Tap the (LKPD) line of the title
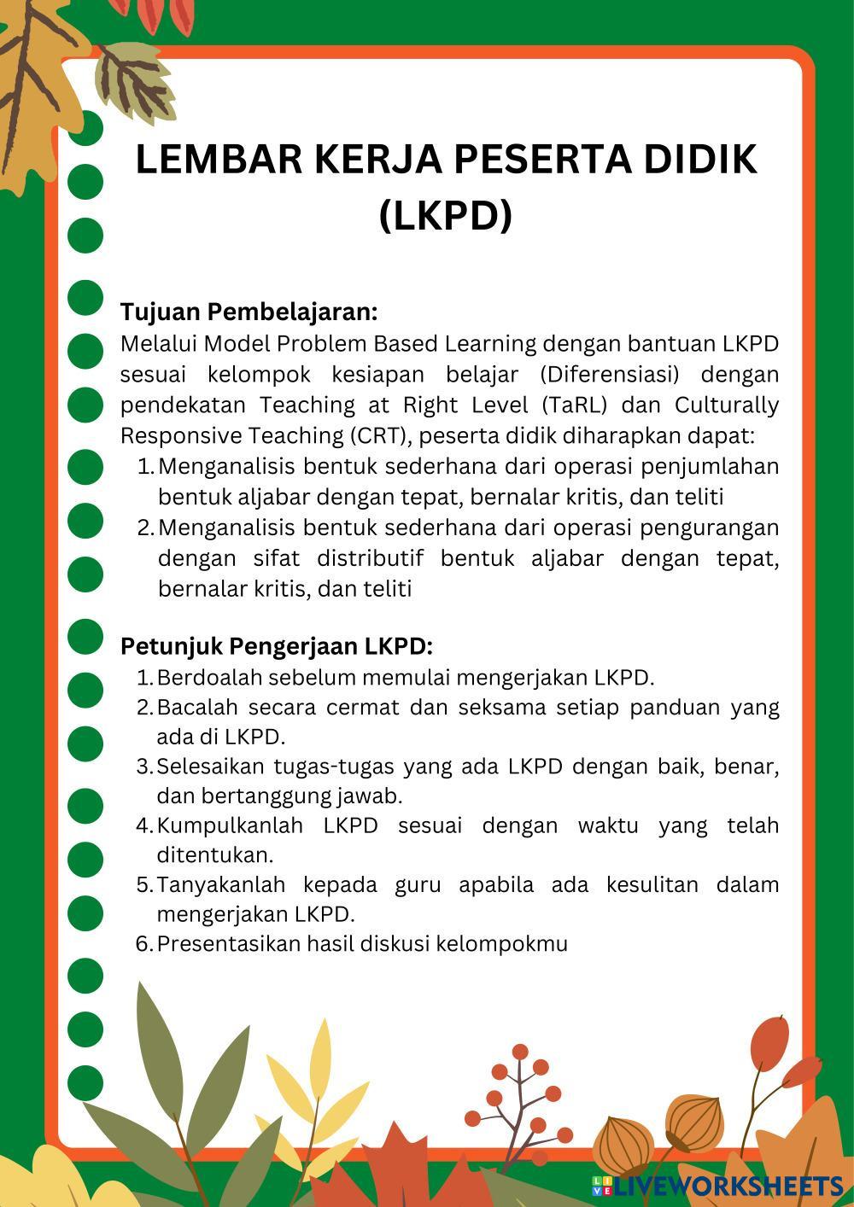[x=446, y=215]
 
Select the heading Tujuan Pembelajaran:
[x=249, y=312]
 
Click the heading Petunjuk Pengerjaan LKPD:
[x=277, y=646]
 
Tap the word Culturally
[x=727, y=405]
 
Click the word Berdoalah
[x=209, y=678]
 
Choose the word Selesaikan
[x=210, y=767]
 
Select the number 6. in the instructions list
[x=144, y=944]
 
